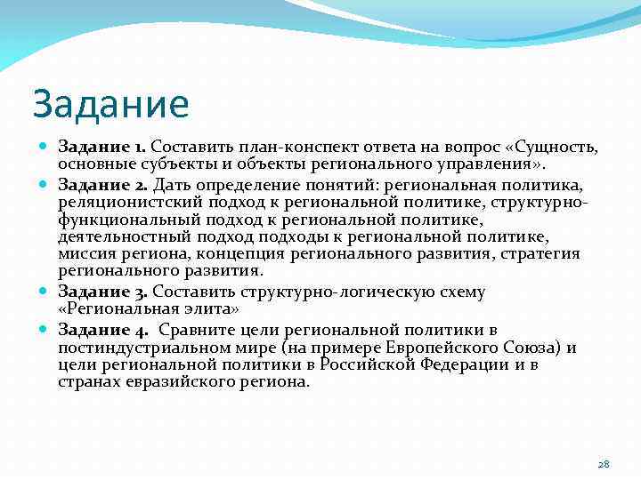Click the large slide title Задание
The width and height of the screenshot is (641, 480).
[x=110, y=104]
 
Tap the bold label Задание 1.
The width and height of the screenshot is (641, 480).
[x=102, y=146]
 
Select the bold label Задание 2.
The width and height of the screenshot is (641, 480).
[x=102, y=185]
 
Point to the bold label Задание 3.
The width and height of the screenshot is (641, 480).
[x=103, y=291]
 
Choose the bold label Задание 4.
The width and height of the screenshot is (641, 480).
[x=103, y=330]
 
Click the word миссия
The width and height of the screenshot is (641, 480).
[x=85, y=254]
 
